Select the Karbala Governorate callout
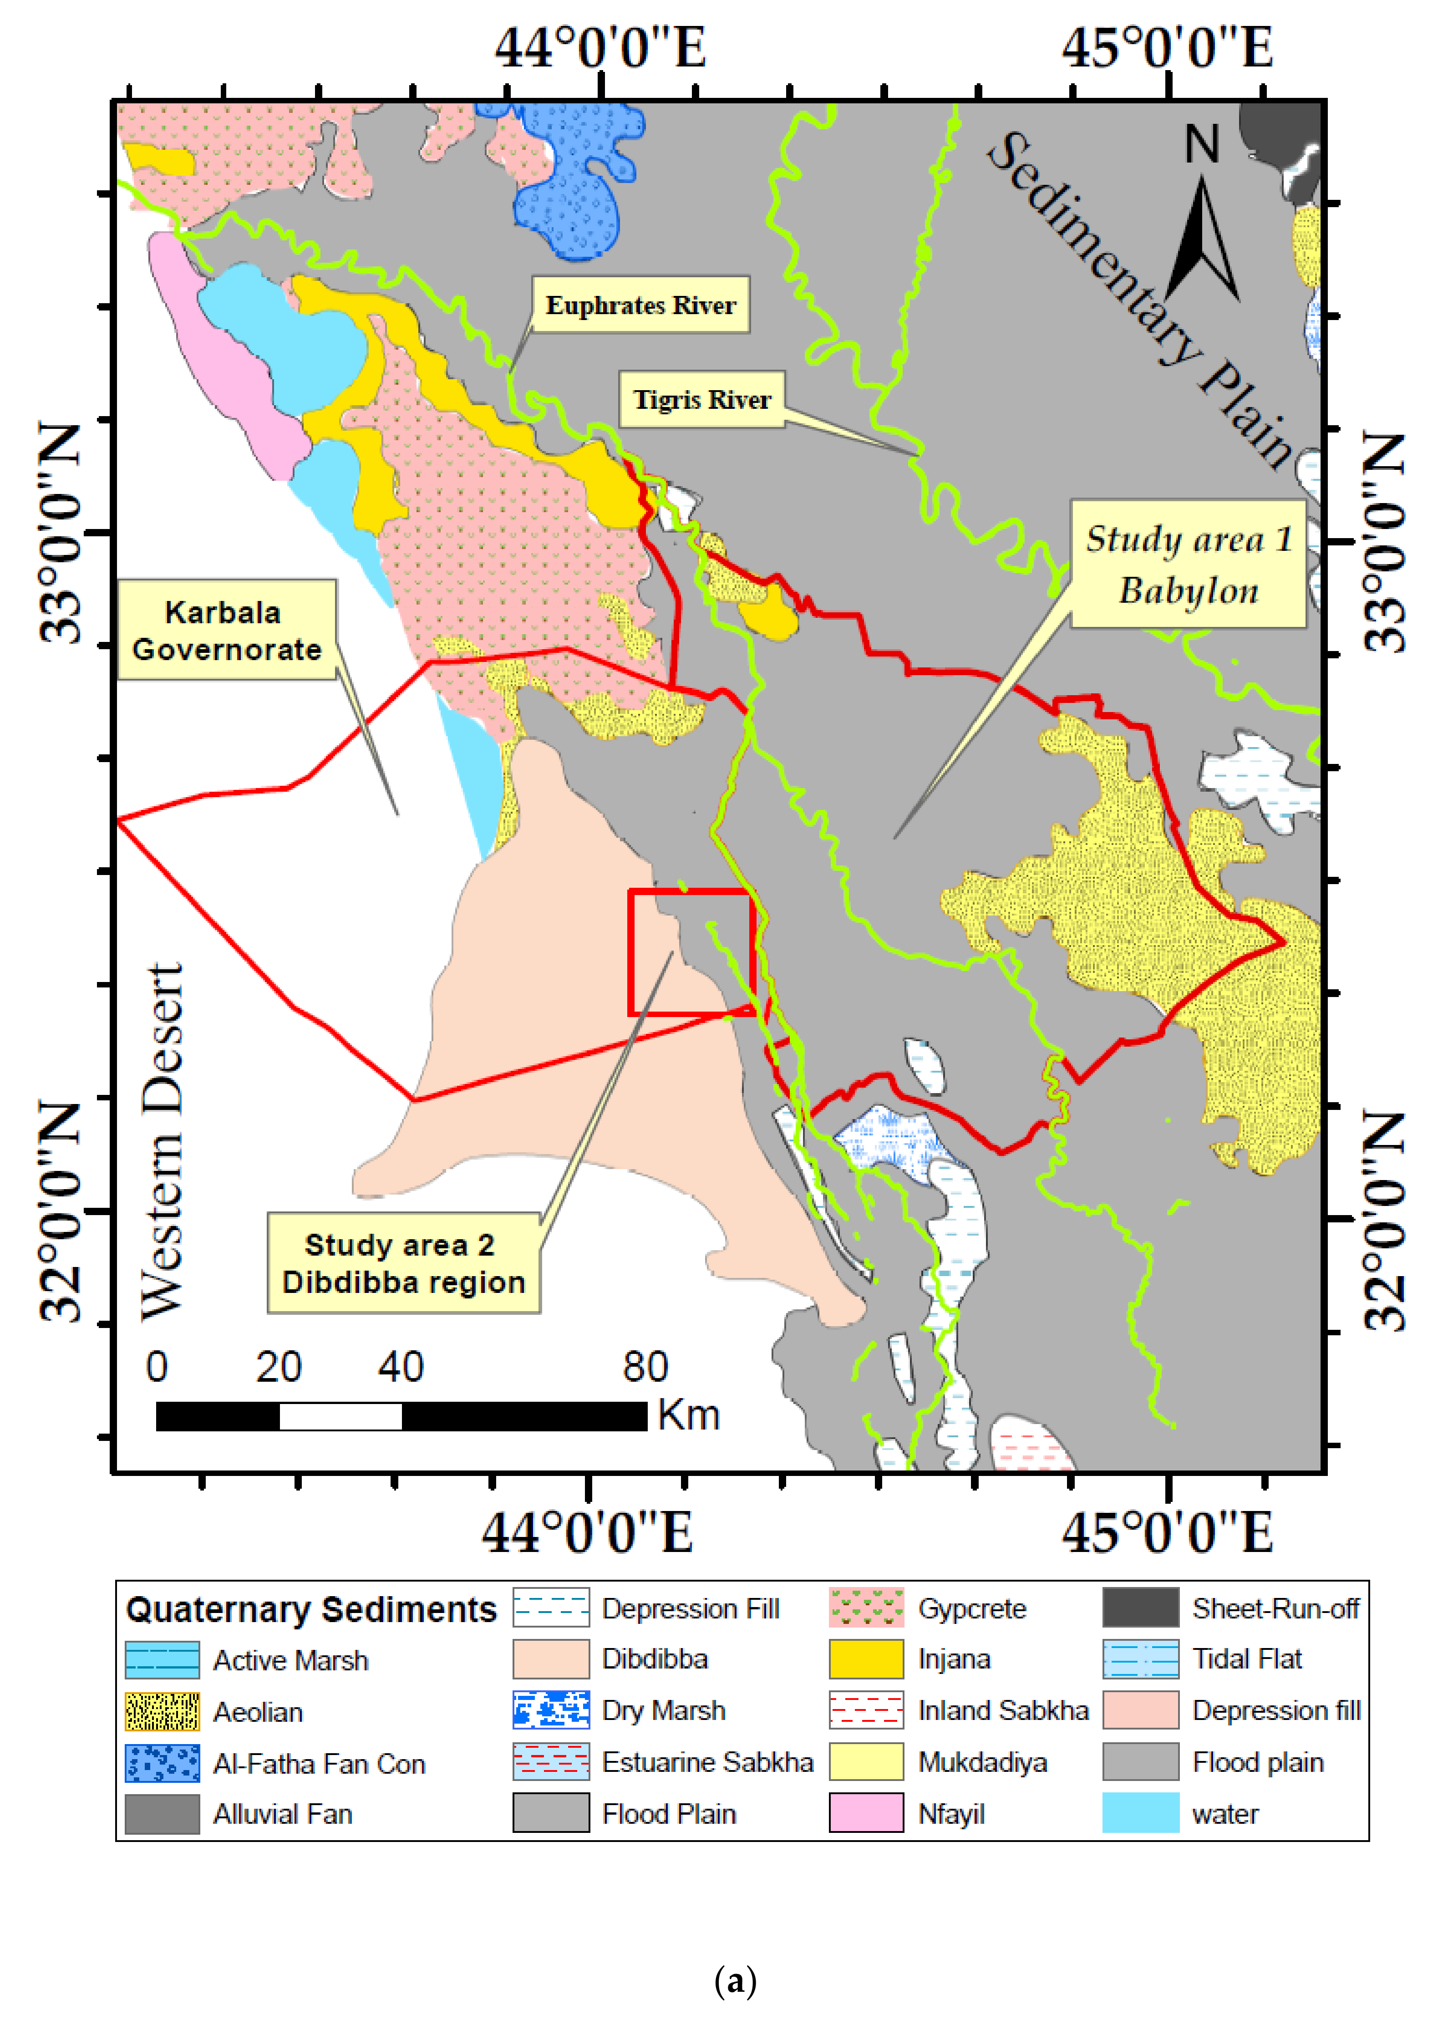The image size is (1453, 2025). point(227,631)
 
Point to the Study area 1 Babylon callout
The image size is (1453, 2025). point(1188,564)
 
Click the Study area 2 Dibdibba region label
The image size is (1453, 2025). point(403,1262)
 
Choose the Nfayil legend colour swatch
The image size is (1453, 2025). point(866,1813)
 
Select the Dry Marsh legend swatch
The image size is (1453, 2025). point(551,1710)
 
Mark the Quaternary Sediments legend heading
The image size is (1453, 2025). point(310,1609)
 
